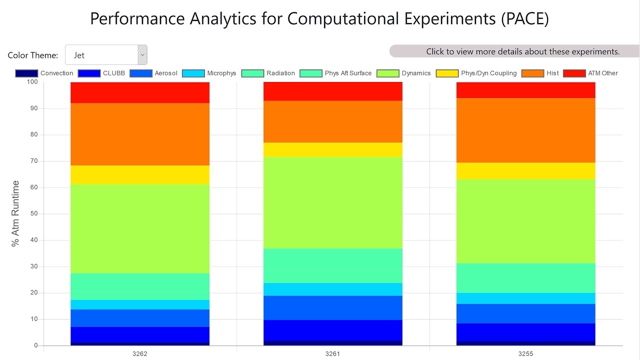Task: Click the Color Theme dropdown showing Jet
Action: click(106, 55)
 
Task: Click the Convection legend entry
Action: click(44, 73)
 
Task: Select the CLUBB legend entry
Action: click(101, 73)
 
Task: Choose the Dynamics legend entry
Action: click(403, 73)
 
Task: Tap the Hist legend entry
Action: click(540, 73)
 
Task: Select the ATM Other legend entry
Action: click(590, 73)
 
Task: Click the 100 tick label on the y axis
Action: click(32, 82)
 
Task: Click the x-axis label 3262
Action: click(140, 354)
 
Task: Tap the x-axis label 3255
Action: click(525, 354)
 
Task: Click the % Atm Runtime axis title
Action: click(15, 213)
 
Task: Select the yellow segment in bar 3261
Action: click(333, 150)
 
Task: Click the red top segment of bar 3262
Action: click(140, 92)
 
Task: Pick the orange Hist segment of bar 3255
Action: click(525, 130)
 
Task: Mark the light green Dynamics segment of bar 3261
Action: click(333, 202)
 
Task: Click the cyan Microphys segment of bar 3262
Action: click(140, 304)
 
